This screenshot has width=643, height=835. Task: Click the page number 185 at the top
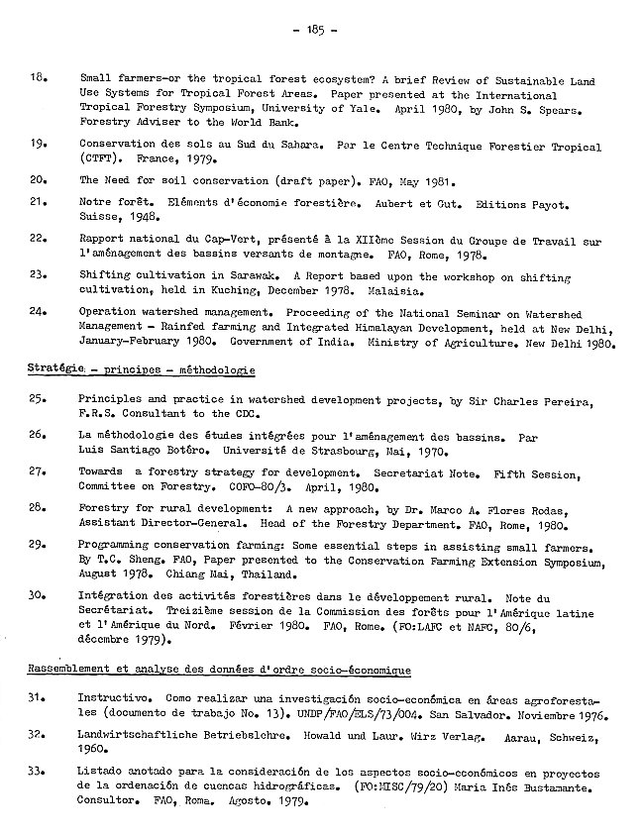(322, 31)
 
